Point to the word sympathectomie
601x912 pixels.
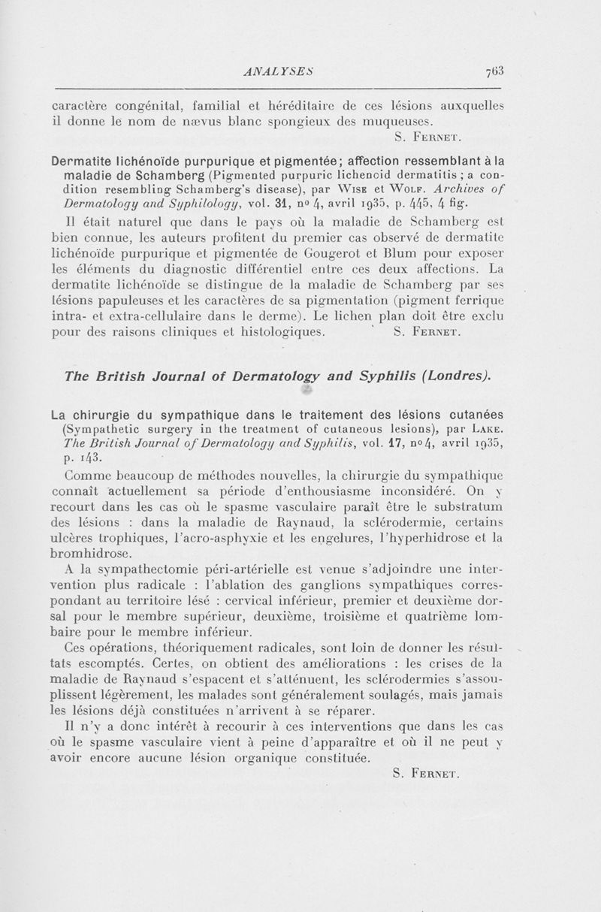click(x=151, y=572)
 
